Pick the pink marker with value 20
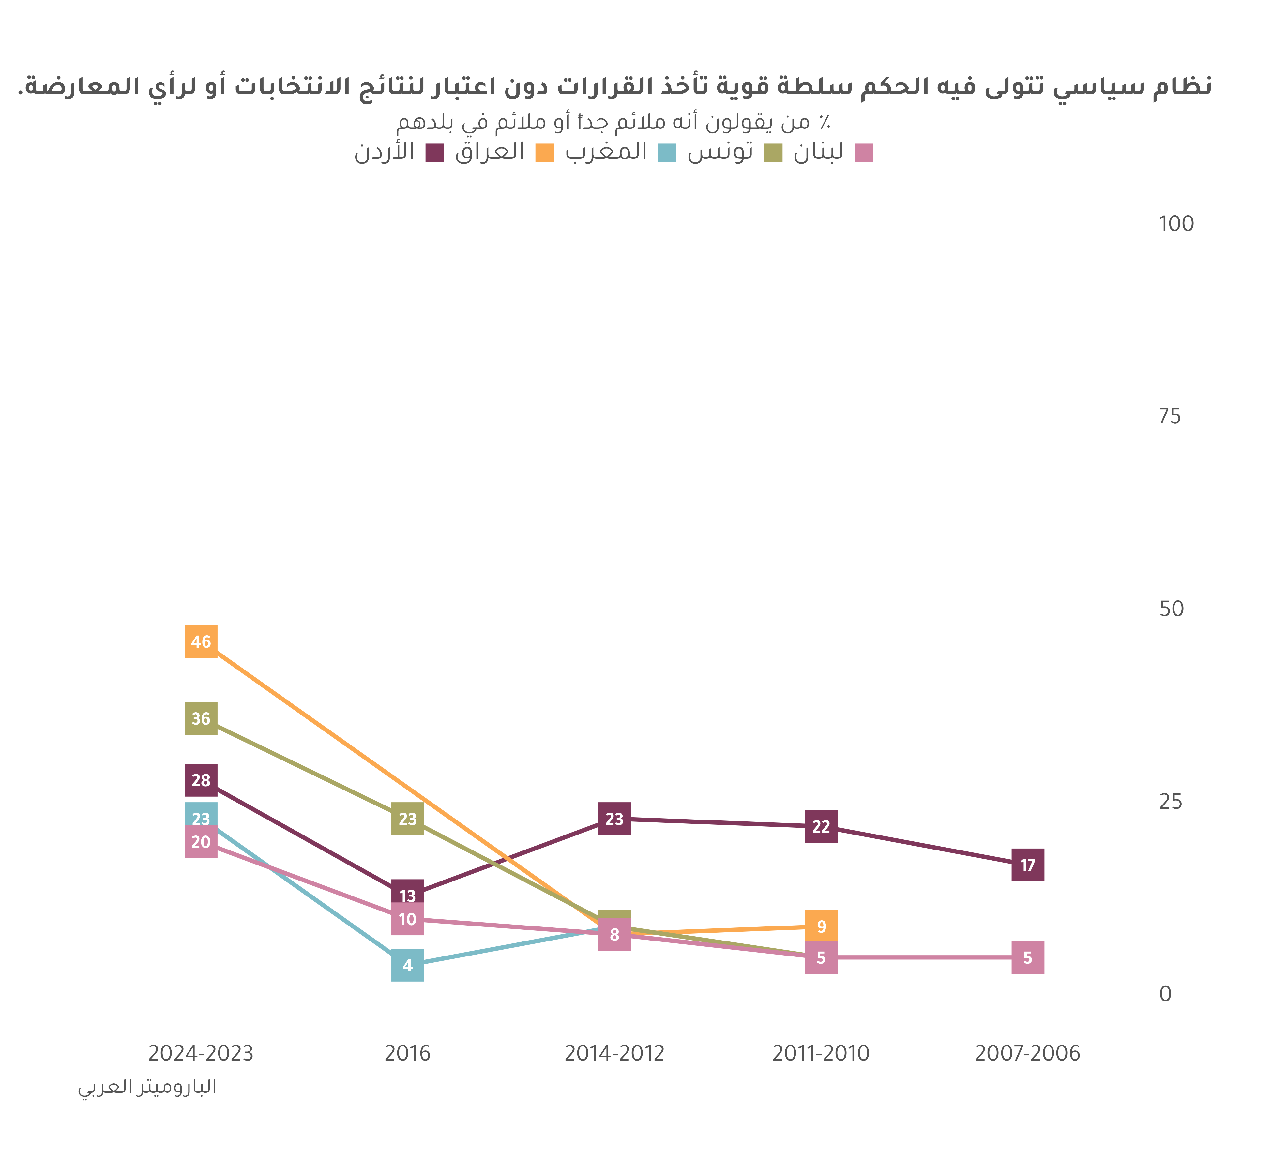201,842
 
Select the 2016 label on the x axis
407,1054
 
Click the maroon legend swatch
434,153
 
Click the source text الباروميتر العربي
147,1087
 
